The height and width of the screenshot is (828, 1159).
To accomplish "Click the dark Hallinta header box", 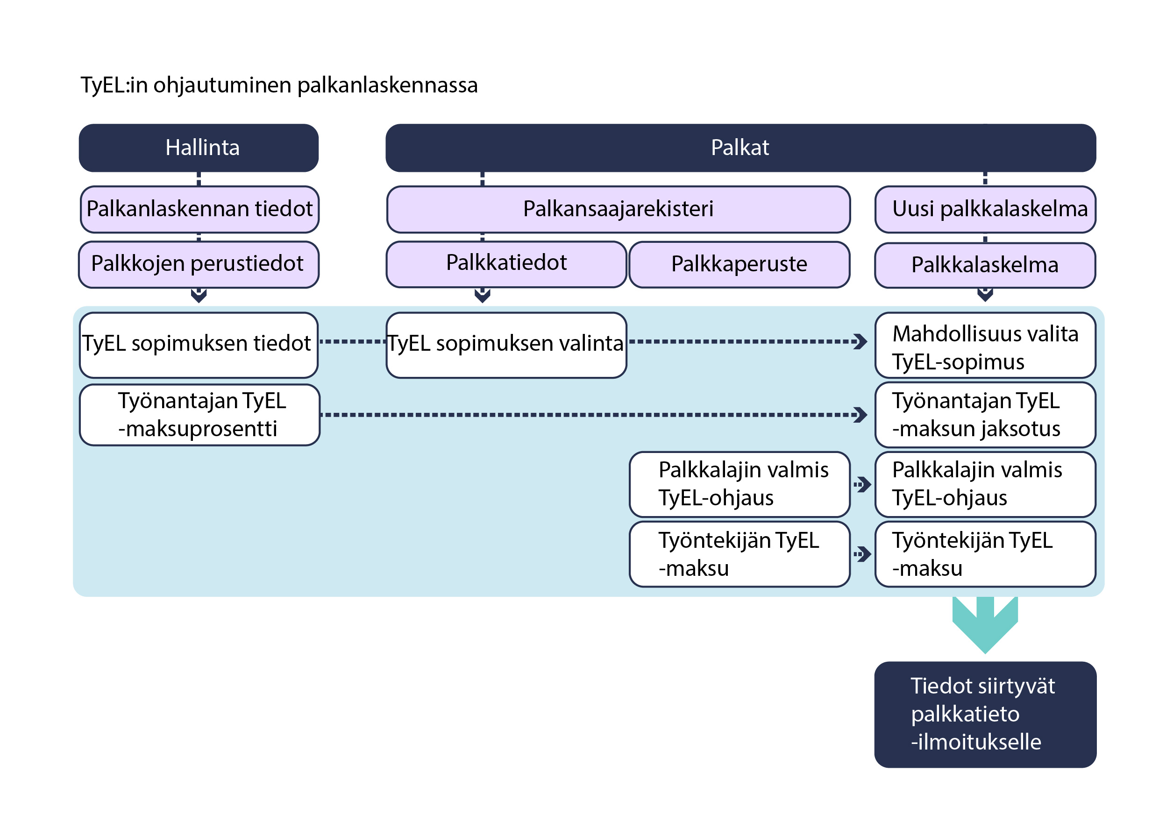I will (x=199, y=148).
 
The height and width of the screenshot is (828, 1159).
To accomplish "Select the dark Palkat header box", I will (x=740, y=148).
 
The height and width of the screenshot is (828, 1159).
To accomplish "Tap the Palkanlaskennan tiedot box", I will (x=199, y=209).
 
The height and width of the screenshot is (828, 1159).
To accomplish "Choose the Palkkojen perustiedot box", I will (x=199, y=264).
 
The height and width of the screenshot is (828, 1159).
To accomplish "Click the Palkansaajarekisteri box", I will (x=618, y=209).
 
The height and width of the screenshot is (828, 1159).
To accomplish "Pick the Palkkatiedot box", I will (x=506, y=263).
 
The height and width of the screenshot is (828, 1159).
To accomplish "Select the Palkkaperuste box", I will (x=739, y=264).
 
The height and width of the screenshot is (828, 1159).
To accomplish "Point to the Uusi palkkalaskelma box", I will (x=985, y=209).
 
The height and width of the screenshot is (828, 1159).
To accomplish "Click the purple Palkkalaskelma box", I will (x=985, y=265).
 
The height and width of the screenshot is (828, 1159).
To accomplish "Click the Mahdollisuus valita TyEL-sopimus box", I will (x=985, y=346).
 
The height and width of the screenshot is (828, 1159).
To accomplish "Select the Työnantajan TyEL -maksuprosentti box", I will (x=199, y=415).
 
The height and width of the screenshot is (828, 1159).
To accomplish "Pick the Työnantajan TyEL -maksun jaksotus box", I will (x=985, y=415).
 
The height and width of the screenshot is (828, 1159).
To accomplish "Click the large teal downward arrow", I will (x=985, y=625).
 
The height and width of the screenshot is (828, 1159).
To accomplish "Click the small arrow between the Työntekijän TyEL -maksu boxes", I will (x=862, y=554).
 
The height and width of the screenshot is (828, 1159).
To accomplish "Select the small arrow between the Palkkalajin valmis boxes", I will (x=862, y=484).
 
